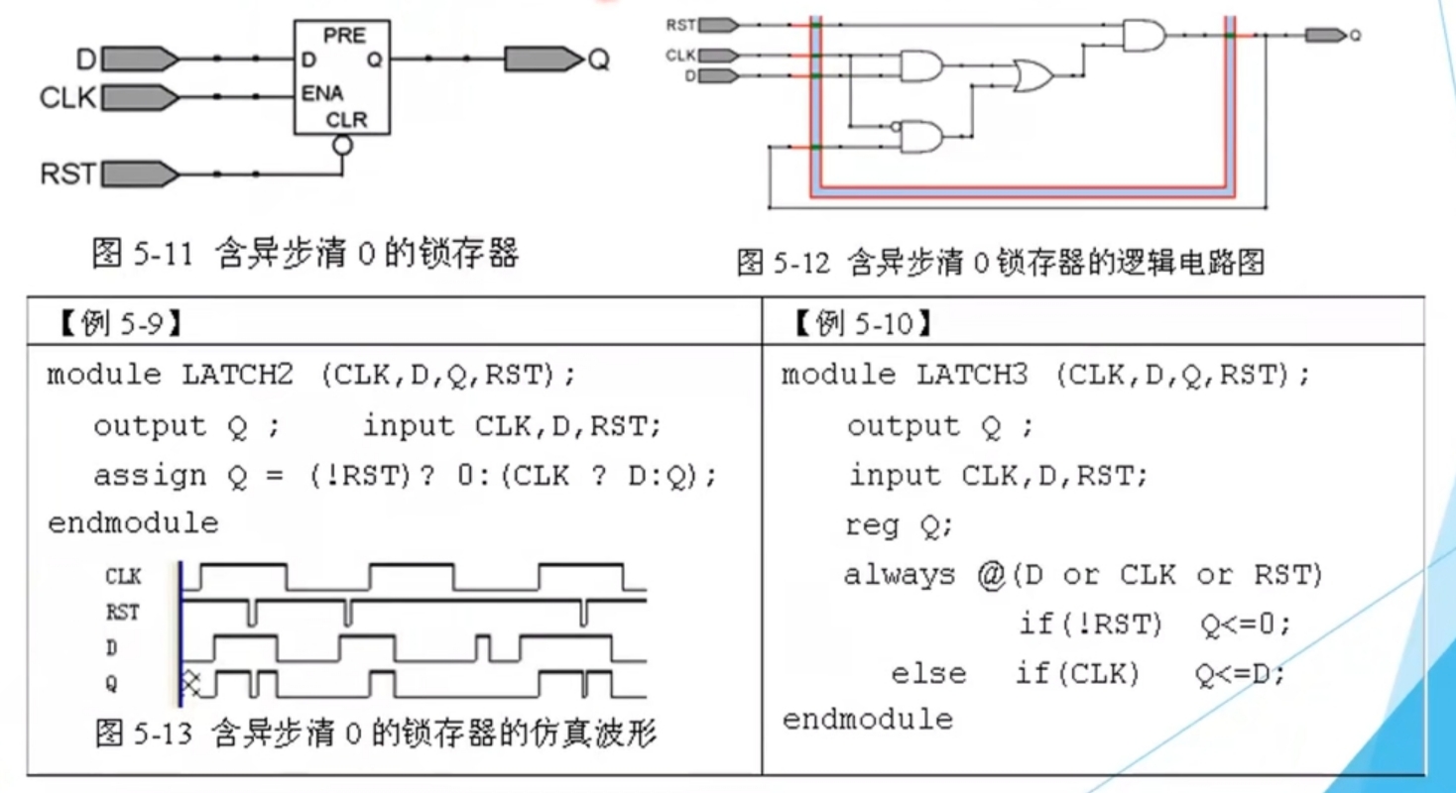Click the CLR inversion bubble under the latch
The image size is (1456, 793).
point(342,145)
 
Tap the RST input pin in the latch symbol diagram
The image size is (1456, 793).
point(140,174)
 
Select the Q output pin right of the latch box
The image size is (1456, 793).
point(544,59)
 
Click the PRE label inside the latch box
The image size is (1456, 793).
point(344,35)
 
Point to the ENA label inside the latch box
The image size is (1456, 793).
point(322,93)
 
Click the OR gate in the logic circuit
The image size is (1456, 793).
point(1033,76)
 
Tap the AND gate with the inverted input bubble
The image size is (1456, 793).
point(919,137)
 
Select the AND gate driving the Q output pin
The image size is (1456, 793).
point(1145,35)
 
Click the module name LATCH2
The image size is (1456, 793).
point(237,375)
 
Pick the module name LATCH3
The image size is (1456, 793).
point(972,375)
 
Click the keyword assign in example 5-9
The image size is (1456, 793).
point(150,476)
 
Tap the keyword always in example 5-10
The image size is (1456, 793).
point(900,575)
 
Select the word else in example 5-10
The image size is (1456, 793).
point(928,673)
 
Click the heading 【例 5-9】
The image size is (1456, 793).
point(121,323)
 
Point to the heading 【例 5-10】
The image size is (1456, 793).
point(863,323)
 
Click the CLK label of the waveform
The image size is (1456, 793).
point(123,576)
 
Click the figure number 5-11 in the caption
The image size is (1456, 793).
point(163,254)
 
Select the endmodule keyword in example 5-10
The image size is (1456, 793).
point(868,720)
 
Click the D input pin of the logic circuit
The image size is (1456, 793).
point(719,76)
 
